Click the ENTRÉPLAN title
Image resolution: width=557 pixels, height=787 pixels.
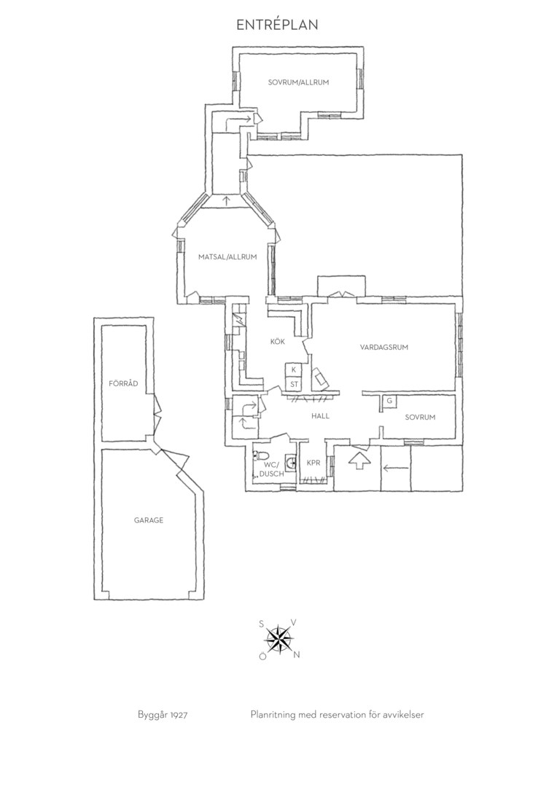pyautogui.click(x=277, y=25)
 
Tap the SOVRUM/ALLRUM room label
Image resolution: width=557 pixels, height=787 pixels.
pyautogui.click(x=298, y=82)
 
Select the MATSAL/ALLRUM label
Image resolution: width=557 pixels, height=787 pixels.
pyautogui.click(x=227, y=257)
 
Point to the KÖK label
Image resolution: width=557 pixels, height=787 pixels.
pyautogui.click(x=278, y=341)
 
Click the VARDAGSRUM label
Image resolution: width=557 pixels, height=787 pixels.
pyautogui.click(x=384, y=347)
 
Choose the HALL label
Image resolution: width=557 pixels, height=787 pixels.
pyautogui.click(x=321, y=415)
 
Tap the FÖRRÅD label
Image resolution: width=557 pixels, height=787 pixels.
pyautogui.click(x=123, y=383)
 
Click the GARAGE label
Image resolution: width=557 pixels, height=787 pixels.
pyautogui.click(x=149, y=520)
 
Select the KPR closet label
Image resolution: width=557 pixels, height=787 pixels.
pyautogui.click(x=313, y=463)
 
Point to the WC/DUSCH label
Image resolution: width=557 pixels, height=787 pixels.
pyautogui.click(x=272, y=469)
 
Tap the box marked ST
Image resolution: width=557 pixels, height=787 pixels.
pyautogui.click(x=294, y=384)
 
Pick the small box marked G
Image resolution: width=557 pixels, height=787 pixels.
pyautogui.click(x=389, y=401)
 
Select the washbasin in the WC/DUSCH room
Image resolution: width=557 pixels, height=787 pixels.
pyautogui.click(x=290, y=460)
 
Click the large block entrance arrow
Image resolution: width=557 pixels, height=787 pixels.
pyautogui.click(x=358, y=461)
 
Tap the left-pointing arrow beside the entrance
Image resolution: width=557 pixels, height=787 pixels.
pyautogui.click(x=397, y=469)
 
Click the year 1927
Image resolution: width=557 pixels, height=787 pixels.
pyautogui.click(x=179, y=715)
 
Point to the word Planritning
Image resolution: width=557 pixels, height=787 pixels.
pyautogui.click(x=273, y=715)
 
